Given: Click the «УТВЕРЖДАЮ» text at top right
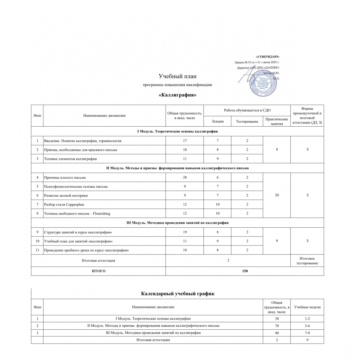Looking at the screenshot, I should (268, 57).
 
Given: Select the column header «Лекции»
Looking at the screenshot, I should (218, 121).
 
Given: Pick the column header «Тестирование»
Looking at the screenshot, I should (247, 121).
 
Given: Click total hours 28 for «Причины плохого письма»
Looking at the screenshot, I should (185, 177).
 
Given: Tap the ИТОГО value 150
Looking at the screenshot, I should (245, 271).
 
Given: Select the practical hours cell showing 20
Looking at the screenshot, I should (277, 196).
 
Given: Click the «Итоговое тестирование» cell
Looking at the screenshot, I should (307, 261).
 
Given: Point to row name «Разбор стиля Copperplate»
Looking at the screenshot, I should (64, 205).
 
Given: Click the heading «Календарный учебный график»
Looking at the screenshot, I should (178, 294).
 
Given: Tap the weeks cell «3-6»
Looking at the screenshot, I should (307, 326).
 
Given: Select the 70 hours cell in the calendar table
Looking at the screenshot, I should (277, 326).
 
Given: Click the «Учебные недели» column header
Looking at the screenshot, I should (307, 307).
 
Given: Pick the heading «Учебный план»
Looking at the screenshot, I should (177, 76).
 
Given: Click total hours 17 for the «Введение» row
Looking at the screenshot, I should (185, 141).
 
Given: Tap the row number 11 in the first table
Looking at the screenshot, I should (37, 250).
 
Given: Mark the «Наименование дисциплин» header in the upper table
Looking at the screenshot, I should (104, 115).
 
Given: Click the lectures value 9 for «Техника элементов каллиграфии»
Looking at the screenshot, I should (218, 159).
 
